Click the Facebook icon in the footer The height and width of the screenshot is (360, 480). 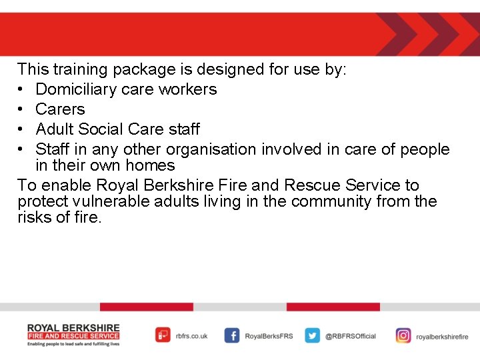(x=232, y=336)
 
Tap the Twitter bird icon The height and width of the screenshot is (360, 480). (x=313, y=336)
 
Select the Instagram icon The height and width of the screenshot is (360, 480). (x=403, y=336)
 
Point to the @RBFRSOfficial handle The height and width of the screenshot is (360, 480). (x=351, y=337)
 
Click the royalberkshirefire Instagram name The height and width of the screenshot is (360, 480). (x=442, y=337)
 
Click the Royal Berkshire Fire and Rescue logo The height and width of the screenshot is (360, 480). (x=73, y=335)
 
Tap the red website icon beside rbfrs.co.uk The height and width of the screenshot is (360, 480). (x=163, y=335)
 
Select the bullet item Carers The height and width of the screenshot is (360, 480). (x=60, y=109)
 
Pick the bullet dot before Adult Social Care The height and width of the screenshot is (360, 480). (x=23, y=129)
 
